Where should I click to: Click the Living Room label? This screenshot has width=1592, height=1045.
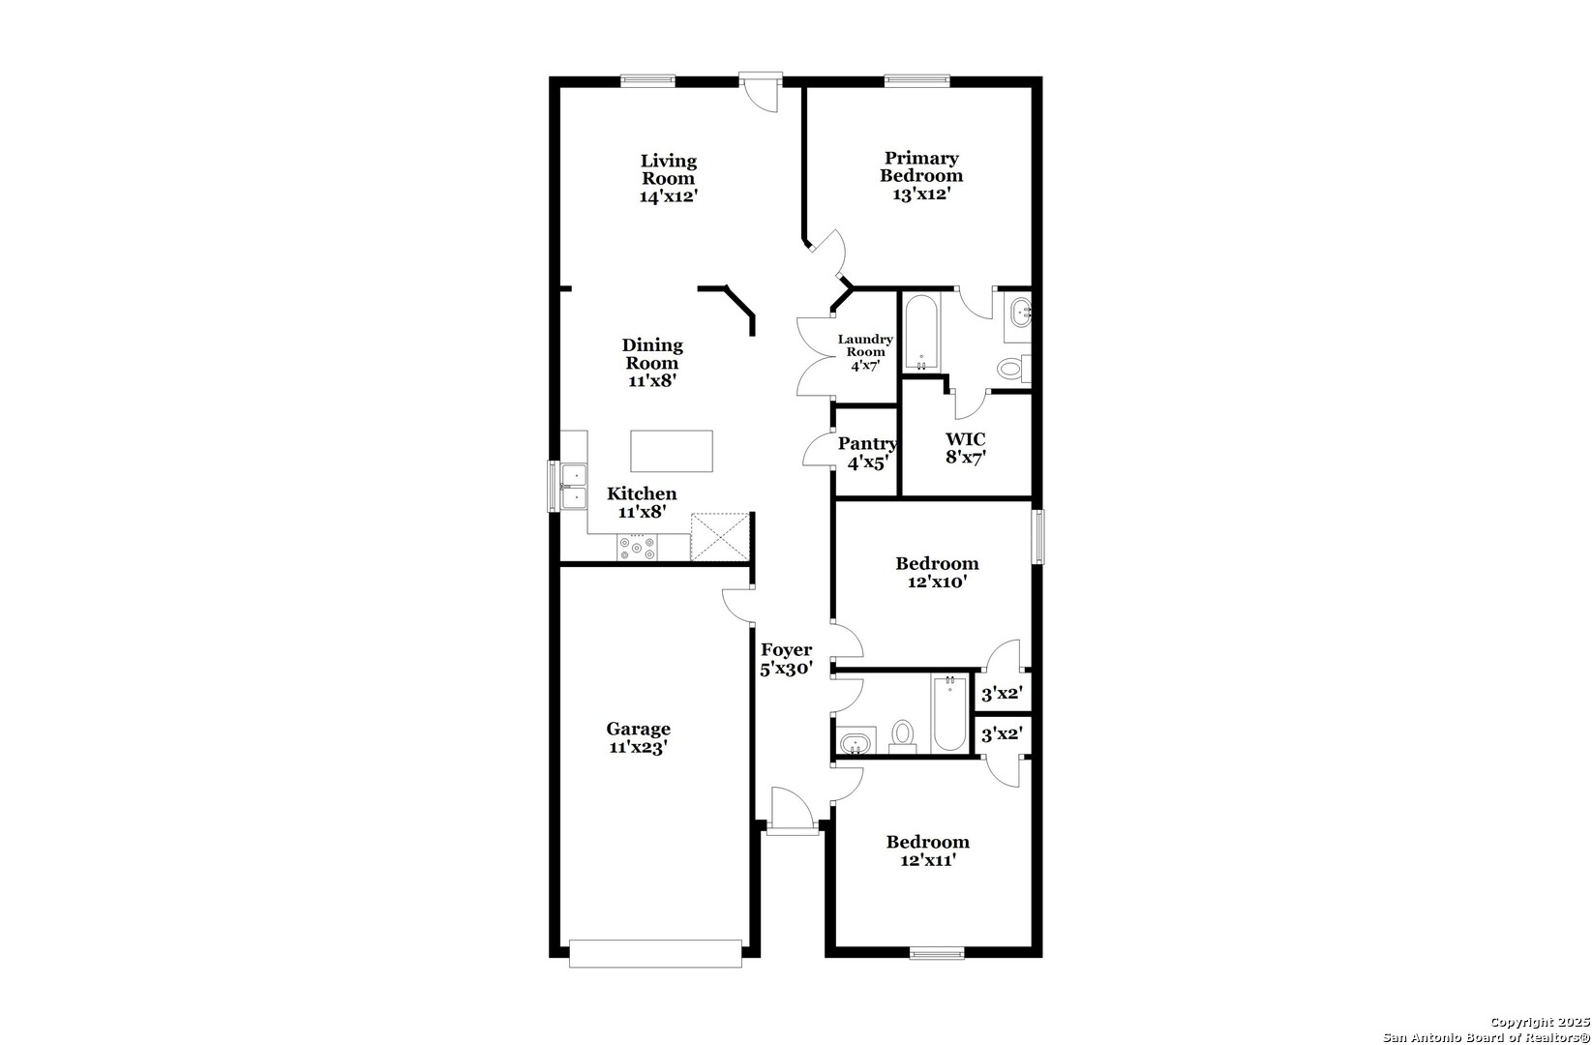pos(668,169)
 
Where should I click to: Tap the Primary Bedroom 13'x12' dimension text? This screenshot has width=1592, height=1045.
pos(921,194)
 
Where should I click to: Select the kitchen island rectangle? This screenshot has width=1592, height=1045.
pos(672,451)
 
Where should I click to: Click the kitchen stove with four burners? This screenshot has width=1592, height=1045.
pos(637,547)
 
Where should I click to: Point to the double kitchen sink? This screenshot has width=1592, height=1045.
pos(574,486)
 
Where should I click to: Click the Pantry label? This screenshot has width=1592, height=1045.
pos(867,444)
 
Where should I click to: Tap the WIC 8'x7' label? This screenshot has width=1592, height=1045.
pos(966,448)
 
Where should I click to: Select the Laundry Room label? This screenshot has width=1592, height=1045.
pos(865,345)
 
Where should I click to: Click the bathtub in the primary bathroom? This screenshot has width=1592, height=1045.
pos(921,333)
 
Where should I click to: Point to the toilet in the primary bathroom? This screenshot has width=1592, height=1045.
pos(1013,368)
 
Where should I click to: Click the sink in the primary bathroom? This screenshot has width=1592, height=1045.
pos(1021,313)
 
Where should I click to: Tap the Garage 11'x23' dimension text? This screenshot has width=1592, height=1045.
pos(638,747)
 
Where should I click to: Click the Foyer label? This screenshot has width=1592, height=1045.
pos(786,650)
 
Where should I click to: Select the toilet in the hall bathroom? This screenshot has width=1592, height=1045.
pos(903,736)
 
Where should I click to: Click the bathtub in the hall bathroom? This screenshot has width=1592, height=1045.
pos(949,713)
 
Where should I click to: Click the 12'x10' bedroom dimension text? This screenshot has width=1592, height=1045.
pos(938,582)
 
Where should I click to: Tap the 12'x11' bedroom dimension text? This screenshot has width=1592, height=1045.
pos(928,861)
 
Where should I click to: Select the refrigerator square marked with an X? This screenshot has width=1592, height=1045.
pos(720,537)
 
